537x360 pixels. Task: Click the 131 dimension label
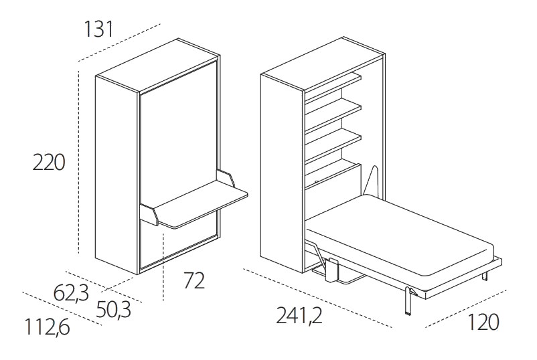click(x=98, y=29)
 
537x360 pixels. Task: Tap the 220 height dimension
click(x=49, y=162)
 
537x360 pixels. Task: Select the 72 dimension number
click(x=194, y=280)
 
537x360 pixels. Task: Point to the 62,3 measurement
click(x=71, y=294)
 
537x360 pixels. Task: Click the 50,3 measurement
click(x=113, y=310)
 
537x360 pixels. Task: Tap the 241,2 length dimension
click(x=299, y=315)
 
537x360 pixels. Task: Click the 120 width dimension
click(x=483, y=322)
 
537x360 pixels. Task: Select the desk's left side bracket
click(x=149, y=215)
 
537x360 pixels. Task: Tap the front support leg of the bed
click(x=408, y=300)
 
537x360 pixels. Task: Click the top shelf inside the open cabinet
click(x=333, y=86)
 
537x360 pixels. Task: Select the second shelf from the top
click(x=333, y=115)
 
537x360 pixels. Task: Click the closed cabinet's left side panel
click(x=117, y=175)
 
